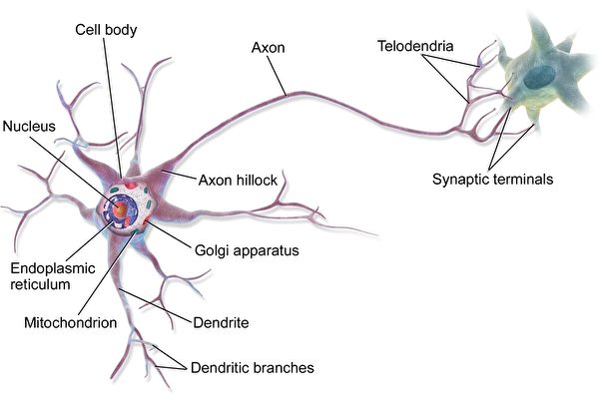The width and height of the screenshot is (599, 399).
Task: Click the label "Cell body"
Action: tap(107, 30)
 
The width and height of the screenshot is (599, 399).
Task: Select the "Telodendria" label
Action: tap(415, 46)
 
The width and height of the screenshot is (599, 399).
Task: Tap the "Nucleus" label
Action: tap(28, 127)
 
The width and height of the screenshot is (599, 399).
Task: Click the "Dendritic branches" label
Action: tap(252, 368)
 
